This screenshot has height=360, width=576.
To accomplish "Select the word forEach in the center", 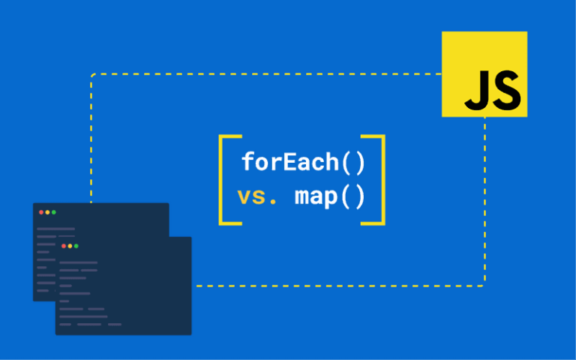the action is pos(286,161).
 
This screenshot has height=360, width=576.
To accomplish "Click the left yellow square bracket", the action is pos(226,180).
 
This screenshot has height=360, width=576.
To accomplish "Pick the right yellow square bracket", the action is pos(379,180).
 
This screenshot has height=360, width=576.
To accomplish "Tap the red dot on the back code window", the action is pos(41,212).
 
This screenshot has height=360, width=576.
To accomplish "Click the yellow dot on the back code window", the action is pos(47,212).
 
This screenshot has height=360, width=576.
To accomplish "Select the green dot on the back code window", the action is pos(54,212).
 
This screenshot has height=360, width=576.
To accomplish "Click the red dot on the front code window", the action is pos(64,246).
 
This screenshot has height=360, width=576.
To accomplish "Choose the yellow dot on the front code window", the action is pos(70,246).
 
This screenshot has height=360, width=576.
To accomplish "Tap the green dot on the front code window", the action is pos(76,246).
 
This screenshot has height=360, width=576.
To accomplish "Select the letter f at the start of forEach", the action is pos(248,161).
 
